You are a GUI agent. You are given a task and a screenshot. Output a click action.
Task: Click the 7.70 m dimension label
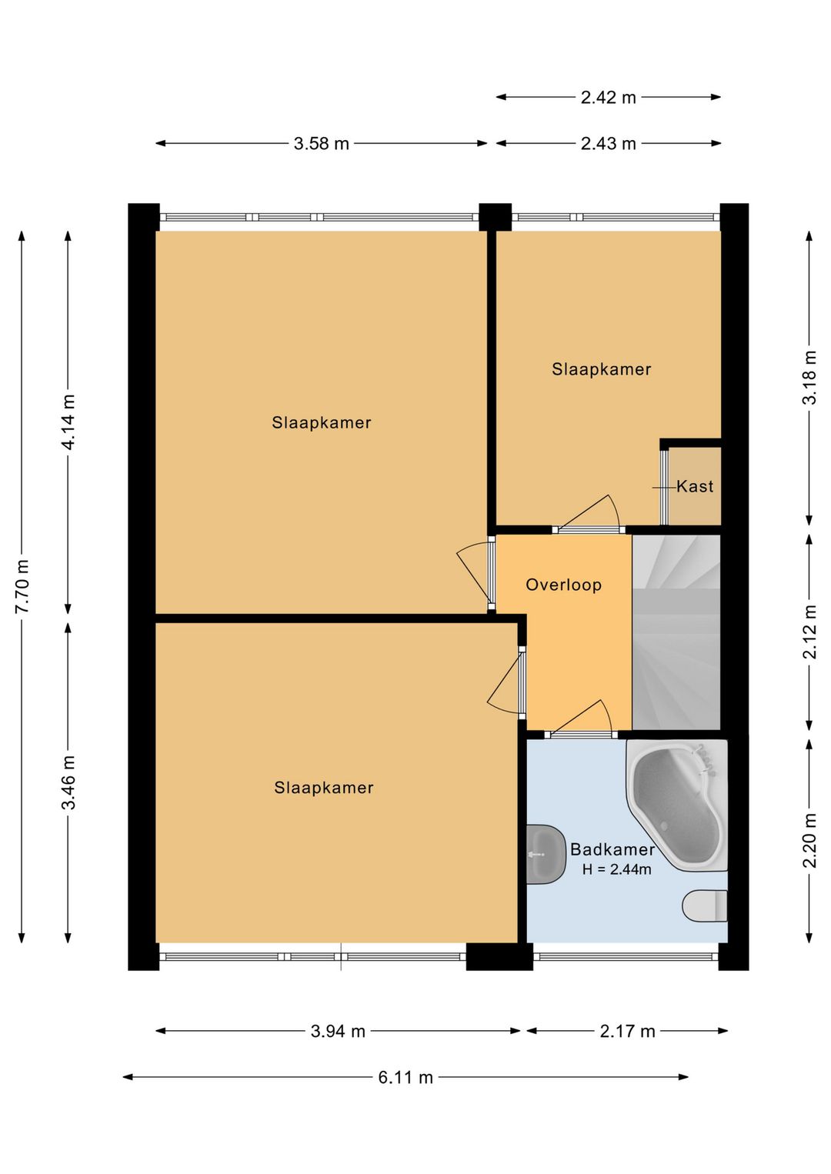coord(22,586)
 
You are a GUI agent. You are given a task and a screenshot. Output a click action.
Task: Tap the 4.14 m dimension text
coord(68,422)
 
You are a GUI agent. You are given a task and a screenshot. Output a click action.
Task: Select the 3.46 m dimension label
coord(68,782)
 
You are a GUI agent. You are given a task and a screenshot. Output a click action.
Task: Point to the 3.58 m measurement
coord(321,143)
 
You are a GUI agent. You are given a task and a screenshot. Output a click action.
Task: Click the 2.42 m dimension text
coord(608,97)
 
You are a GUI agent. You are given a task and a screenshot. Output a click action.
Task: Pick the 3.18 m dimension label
coord(809,377)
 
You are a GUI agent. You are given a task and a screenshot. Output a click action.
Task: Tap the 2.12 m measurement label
coord(809,631)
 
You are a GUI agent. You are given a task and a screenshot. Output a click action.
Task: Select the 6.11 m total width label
coord(405,1077)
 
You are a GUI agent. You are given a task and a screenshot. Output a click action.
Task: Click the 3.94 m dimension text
coord(338,1031)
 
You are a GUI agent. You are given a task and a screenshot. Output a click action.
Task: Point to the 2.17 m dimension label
coord(627,1031)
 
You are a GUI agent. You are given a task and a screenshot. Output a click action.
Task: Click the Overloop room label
coord(563,585)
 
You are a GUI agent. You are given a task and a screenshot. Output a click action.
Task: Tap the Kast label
coord(695,486)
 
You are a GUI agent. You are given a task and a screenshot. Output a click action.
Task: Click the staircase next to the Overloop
coord(676,632)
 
